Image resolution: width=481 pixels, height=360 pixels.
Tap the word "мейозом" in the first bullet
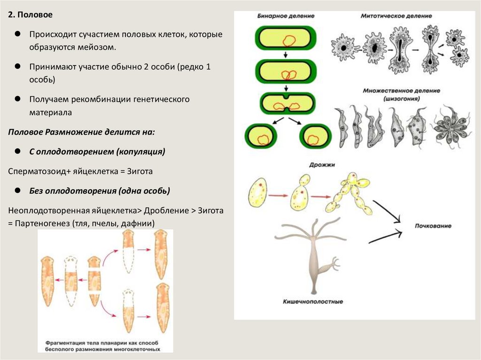coord(98,47)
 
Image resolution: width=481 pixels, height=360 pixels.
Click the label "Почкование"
coord(433,226)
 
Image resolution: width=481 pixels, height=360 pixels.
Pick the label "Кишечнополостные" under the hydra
coord(313,301)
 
